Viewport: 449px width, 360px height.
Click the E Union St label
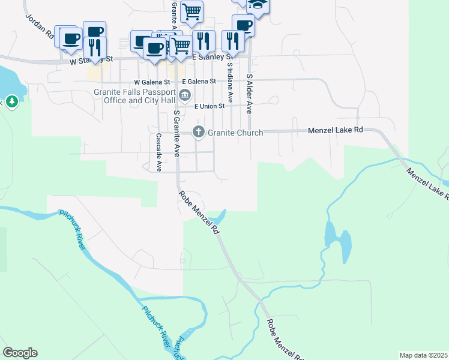(x=209, y=106)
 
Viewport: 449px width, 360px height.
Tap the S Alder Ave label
(x=249, y=94)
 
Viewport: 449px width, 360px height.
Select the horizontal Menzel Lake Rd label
(x=336, y=130)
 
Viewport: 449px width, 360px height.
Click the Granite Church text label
(x=235, y=133)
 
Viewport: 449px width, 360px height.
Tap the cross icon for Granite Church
(x=199, y=132)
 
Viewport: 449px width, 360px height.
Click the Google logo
(x=20, y=353)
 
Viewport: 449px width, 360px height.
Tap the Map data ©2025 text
(x=423, y=355)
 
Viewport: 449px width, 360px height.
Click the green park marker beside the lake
(x=11, y=101)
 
